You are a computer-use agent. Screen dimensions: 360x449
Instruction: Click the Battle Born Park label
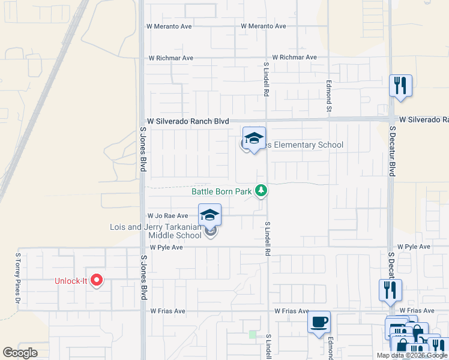point(221,192)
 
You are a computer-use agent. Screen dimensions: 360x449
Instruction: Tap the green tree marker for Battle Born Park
point(261,191)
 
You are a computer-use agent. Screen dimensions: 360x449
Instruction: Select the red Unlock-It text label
point(71,281)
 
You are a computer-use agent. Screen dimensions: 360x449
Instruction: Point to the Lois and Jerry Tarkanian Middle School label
point(155,231)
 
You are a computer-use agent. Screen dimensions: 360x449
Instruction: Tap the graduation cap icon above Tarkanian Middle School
point(209,215)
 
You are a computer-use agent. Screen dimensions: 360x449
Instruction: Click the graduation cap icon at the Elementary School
point(254,139)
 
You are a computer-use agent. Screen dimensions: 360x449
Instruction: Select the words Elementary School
point(305,145)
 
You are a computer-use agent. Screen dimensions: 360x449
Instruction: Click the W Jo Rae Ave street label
point(167,216)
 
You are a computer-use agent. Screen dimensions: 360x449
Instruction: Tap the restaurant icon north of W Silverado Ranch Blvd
point(400,85)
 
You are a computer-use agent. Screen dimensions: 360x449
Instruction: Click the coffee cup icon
point(319,321)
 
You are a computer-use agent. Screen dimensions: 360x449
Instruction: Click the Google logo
point(20,353)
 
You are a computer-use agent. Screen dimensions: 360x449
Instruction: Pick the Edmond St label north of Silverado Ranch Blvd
point(329,96)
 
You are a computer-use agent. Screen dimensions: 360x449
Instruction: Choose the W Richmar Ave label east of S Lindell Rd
point(294,58)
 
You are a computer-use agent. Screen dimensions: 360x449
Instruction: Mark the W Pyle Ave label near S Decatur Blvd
point(414,247)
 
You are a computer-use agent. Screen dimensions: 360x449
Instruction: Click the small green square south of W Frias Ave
point(252,334)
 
